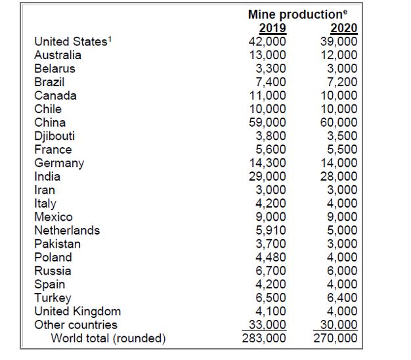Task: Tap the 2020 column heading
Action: (x=344, y=28)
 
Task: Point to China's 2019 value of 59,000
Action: (x=268, y=122)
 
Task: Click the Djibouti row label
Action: (x=54, y=136)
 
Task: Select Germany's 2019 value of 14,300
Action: (x=268, y=163)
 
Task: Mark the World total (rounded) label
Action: (x=108, y=339)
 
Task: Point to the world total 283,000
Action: (x=265, y=339)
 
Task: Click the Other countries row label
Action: (x=76, y=325)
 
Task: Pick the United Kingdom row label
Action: (x=77, y=311)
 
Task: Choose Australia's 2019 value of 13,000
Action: (x=268, y=55)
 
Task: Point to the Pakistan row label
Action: (x=58, y=244)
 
